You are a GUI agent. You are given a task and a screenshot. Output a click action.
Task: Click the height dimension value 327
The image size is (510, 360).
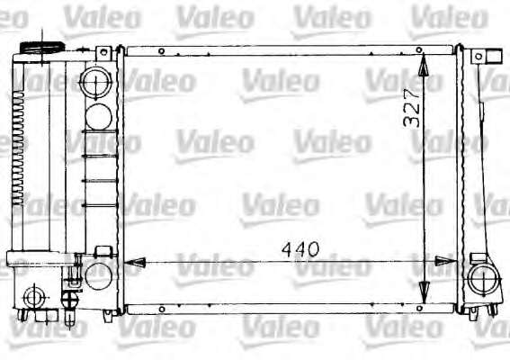click(x=411, y=107)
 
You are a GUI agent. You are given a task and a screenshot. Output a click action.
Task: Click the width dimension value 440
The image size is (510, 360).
click(x=300, y=249)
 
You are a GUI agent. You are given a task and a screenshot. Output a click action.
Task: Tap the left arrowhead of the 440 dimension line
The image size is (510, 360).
click(x=135, y=262)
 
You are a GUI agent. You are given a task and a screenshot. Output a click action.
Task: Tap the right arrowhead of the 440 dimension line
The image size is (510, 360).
click(x=445, y=261)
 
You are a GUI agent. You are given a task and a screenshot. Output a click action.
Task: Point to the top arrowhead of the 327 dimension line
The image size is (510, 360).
click(x=423, y=65)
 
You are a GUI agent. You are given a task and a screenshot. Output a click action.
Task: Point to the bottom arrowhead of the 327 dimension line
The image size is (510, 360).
click(x=423, y=292)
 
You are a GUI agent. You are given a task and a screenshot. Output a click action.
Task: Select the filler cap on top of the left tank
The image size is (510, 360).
click(x=42, y=47)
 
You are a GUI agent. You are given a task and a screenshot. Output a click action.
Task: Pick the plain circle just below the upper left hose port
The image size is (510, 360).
click(x=99, y=117)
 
